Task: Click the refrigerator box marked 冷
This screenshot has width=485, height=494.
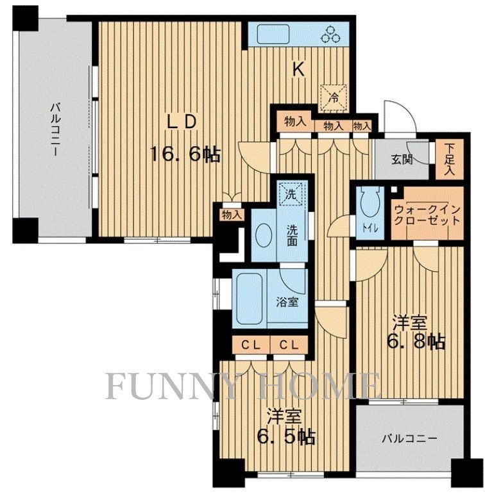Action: tap(334, 98)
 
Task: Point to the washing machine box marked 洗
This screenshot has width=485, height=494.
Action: tap(291, 194)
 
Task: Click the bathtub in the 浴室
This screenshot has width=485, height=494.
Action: tap(250, 299)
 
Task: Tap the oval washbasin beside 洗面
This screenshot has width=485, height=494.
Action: tap(264, 235)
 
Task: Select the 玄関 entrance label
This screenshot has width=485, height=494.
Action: tap(402, 160)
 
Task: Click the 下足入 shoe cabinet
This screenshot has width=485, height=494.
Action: tap(449, 159)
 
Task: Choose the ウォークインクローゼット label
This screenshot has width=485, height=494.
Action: tap(427, 215)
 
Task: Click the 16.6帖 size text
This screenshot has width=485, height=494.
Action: tap(185, 154)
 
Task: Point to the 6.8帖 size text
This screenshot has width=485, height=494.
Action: tap(416, 342)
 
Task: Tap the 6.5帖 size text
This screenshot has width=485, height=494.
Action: tap(286, 437)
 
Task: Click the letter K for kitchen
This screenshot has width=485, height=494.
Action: tap(298, 70)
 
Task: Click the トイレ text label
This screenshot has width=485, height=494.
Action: tap(370, 228)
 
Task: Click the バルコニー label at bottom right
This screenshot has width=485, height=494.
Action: tap(410, 438)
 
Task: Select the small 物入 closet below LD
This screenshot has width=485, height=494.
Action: tap(232, 215)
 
